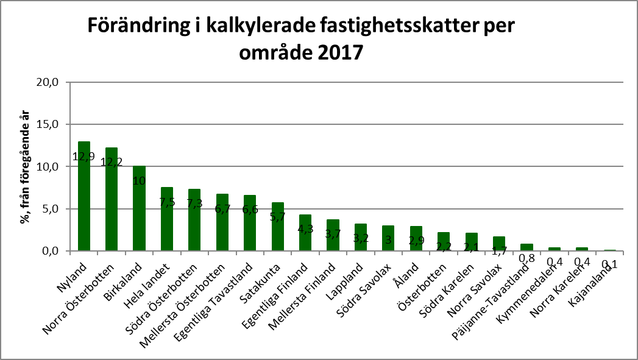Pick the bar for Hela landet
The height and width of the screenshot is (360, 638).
(167, 219)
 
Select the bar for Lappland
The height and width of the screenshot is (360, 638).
(360, 238)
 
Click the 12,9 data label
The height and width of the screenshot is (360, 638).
(84, 157)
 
